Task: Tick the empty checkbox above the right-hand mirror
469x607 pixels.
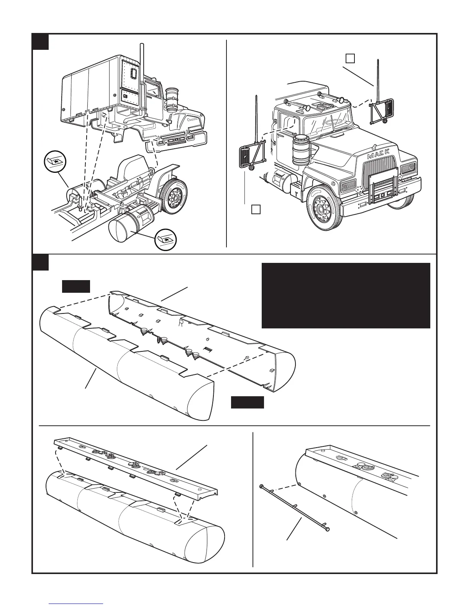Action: click(x=350, y=58)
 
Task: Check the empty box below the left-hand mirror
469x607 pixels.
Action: click(x=256, y=209)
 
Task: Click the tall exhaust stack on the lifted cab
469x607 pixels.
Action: click(x=143, y=77)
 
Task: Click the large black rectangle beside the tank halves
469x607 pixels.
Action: click(x=346, y=295)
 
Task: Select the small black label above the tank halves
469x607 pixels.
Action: click(x=76, y=286)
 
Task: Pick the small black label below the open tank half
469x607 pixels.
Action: click(x=247, y=402)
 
